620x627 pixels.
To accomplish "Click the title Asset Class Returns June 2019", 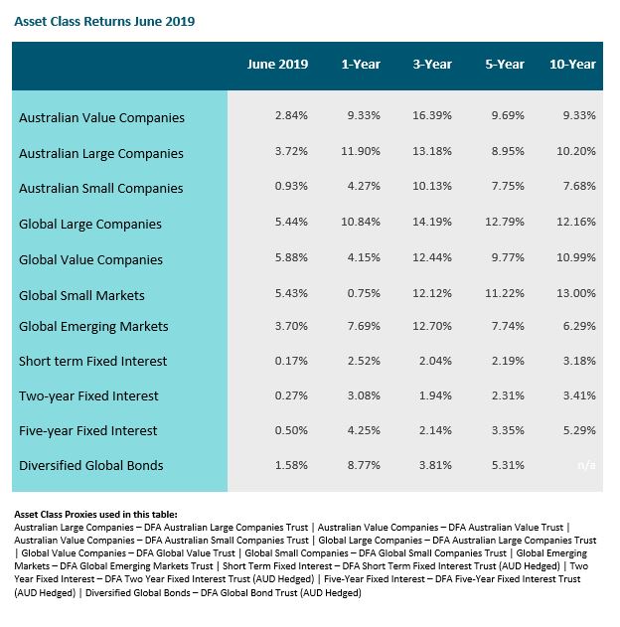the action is (104, 21).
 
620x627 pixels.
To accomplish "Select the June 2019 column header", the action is (277, 64).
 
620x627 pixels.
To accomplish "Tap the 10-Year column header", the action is (572, 64).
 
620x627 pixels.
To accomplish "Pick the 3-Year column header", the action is (432, 64).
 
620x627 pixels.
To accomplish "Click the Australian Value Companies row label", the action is (101, 117).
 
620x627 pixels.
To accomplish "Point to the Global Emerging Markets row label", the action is (93, 326).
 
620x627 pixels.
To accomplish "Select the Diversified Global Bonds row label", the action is (91, 465).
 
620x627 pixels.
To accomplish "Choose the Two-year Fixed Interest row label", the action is (88, 395).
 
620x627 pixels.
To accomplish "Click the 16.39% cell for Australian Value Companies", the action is (432, 115).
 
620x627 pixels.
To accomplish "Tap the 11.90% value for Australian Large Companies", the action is (361, 151).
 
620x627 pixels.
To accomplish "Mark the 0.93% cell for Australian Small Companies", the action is (291, 186).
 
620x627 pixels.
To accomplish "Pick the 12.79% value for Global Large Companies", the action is (505, 222).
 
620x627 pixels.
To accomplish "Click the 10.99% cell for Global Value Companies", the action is (576, 257).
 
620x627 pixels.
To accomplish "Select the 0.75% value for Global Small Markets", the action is (364, 293).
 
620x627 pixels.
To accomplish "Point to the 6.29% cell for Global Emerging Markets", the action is (579, 326).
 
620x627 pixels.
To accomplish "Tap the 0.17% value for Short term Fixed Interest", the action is (291, 361).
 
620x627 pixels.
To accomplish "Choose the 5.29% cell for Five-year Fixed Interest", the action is (579, 430).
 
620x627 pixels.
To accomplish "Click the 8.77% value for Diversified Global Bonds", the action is (364, 465).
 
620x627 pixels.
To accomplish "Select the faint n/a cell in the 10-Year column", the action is (586, 465).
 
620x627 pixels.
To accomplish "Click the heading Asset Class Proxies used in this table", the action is (95, 515).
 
